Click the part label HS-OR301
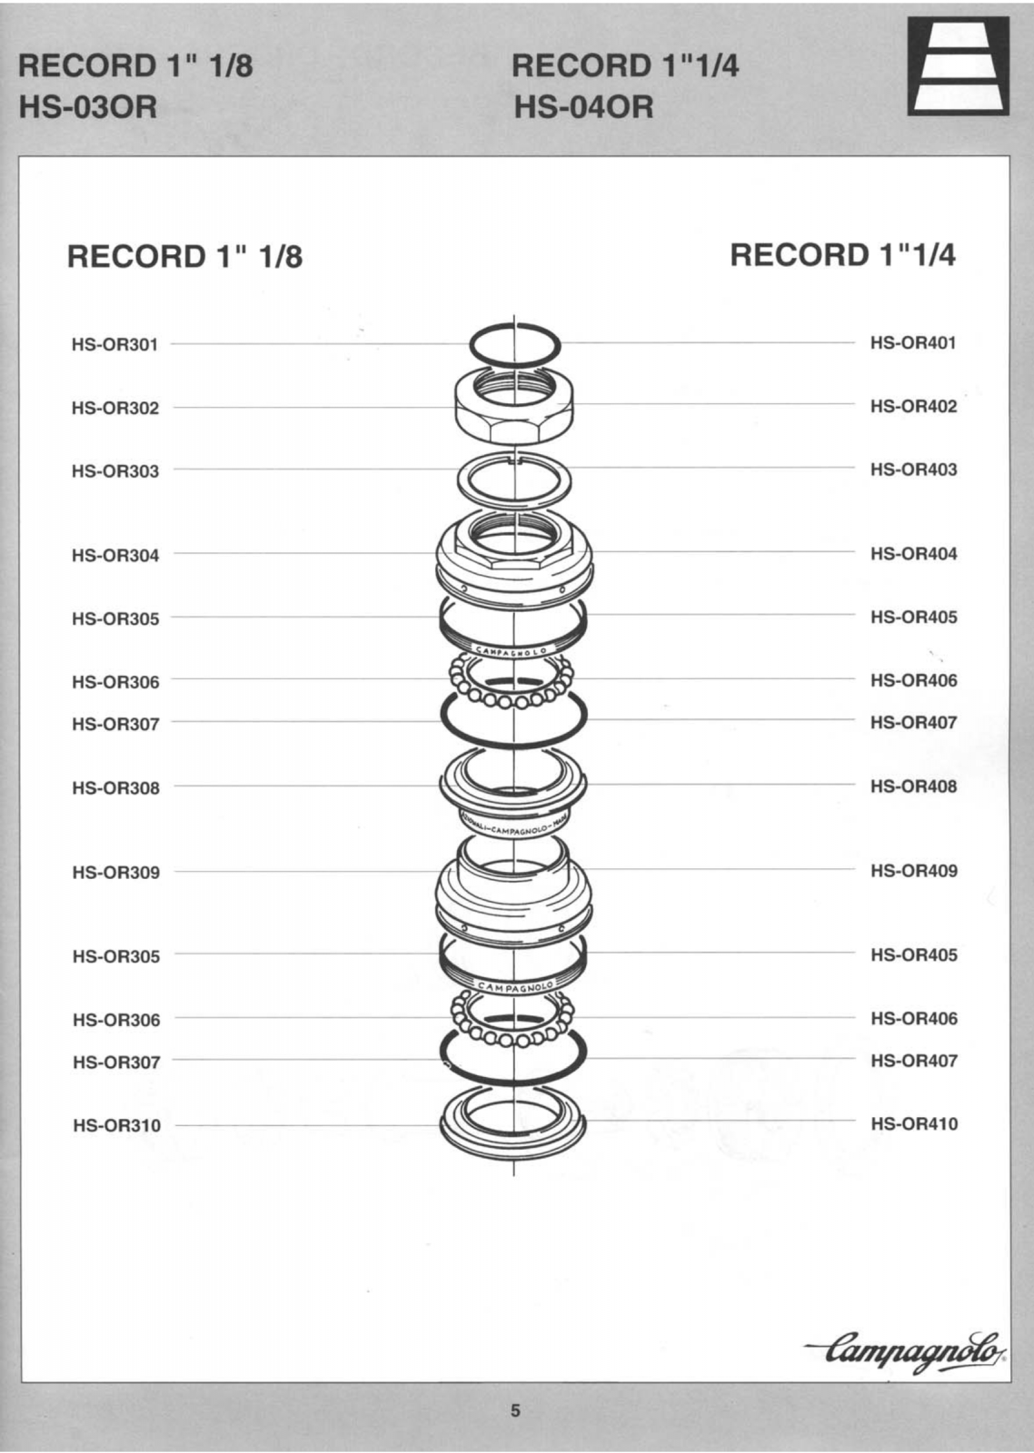click(114, 344)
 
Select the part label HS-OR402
click(913, 407)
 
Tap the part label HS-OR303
click(114, 471)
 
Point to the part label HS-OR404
click(913, 554)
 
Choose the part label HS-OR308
click(115, 788)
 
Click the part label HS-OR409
click(914, 871)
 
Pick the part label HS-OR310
click(117, 1125)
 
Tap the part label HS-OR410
click(914, 1124)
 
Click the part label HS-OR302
click(114, 408)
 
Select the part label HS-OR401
click(913, 343)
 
